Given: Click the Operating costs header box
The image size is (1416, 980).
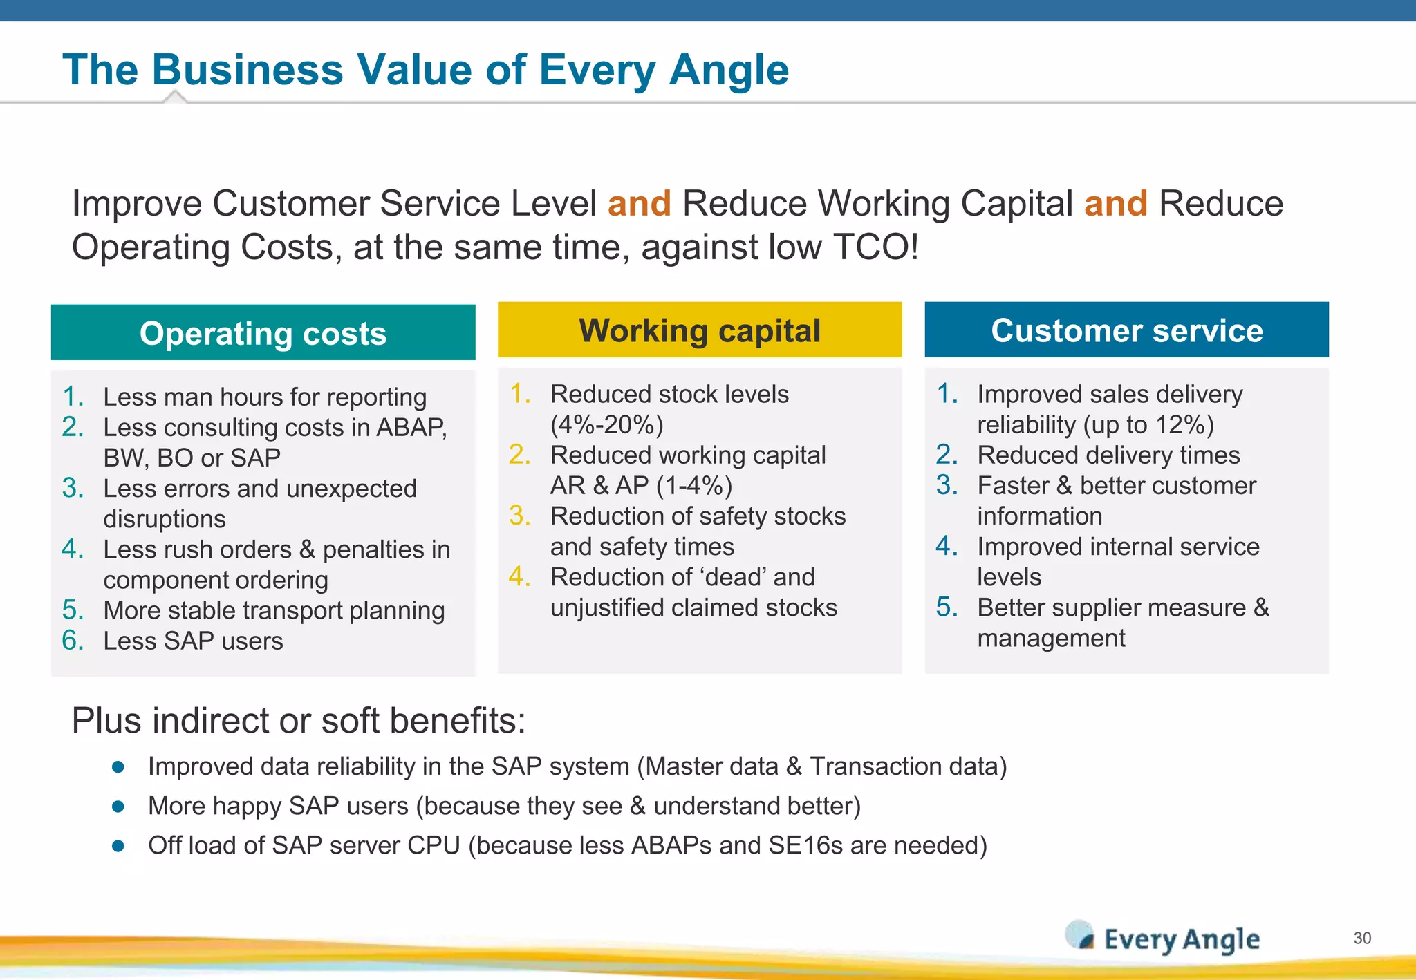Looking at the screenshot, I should click(263, 333).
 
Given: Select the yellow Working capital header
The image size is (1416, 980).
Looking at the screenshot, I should click(700, 330).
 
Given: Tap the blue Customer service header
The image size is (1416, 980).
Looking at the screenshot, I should click(1126, 330).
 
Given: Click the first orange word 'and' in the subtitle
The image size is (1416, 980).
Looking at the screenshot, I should click(639, 204).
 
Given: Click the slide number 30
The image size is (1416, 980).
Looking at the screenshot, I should click(1362, 938).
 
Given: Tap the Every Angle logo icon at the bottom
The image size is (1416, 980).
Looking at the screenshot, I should click(1079, 935).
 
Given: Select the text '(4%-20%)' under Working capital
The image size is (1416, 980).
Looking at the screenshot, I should click(607, 424).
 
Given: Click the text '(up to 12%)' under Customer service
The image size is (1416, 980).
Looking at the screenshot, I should click(1148, 424).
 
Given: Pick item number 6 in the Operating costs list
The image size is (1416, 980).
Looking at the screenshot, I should click(73, 641).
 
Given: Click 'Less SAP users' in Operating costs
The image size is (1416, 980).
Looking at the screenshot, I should click(193, 641).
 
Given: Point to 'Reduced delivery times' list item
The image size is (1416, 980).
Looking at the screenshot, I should click(1108, 455).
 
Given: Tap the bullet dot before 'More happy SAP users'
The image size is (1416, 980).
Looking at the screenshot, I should click(118, 807).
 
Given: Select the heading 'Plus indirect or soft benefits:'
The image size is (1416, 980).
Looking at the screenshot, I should click(299, 721).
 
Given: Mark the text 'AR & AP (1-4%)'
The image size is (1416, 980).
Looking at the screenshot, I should click(641, 486).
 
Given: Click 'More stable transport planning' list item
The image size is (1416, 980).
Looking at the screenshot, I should click(274, 610).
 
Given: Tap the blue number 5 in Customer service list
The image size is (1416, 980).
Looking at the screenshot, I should click(947, 607).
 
